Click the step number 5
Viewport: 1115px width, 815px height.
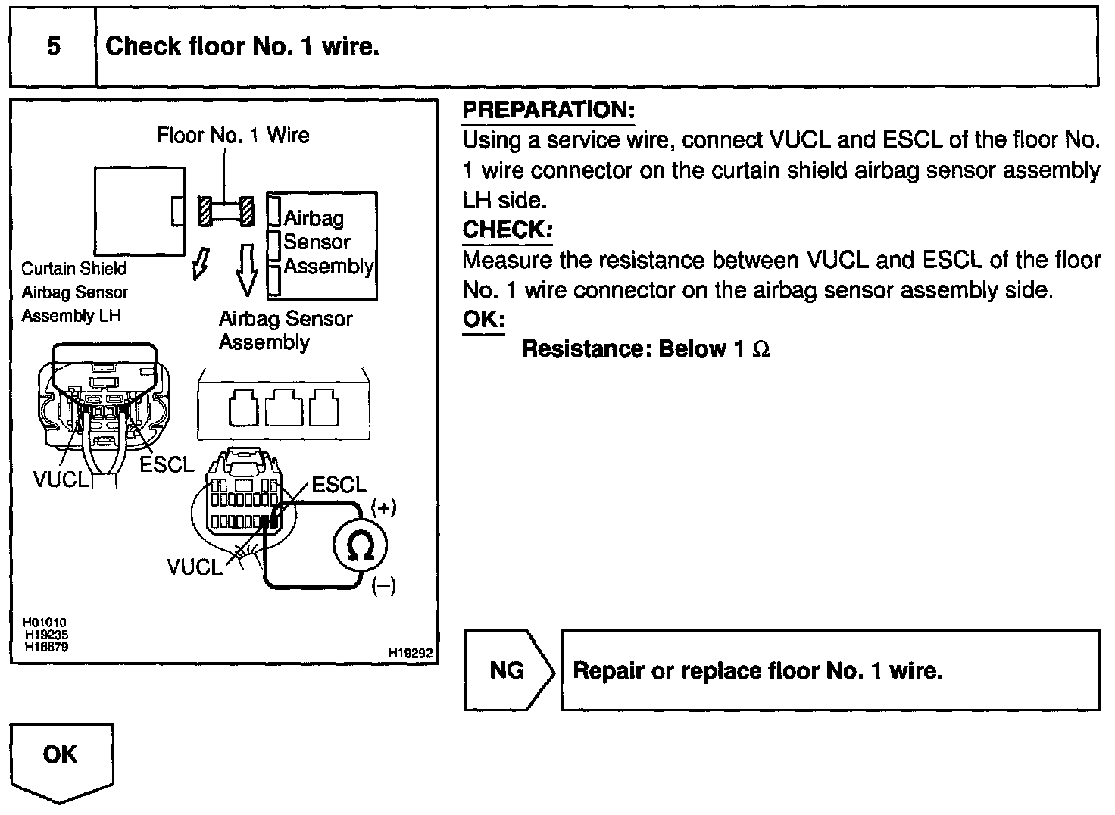coord(53,47)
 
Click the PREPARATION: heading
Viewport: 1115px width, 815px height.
coord(548,111)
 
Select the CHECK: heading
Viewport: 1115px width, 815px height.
coord(507,230)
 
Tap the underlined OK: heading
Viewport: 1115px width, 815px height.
coord(483,320)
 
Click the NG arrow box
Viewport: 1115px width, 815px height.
coord(508,670)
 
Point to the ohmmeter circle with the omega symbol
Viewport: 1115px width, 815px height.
coord(360,545)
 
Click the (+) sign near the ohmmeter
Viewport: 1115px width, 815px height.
coord(383,507)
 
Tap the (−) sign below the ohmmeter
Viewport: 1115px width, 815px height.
coord(383,585)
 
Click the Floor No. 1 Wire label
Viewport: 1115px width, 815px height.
coord(233,136)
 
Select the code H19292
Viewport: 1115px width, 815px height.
coord(410,653)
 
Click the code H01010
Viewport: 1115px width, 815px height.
coord(45,623)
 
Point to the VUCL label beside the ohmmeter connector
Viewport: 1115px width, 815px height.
coord(195,567)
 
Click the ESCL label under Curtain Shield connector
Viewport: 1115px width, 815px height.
coord(166,464)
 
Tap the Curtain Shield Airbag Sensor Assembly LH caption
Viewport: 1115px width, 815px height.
coord(73,292)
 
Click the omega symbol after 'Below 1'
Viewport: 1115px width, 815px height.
coord(761,350)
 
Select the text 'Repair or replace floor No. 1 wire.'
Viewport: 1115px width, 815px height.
coord(757,671)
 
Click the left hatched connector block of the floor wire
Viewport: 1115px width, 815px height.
coord(205,211)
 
